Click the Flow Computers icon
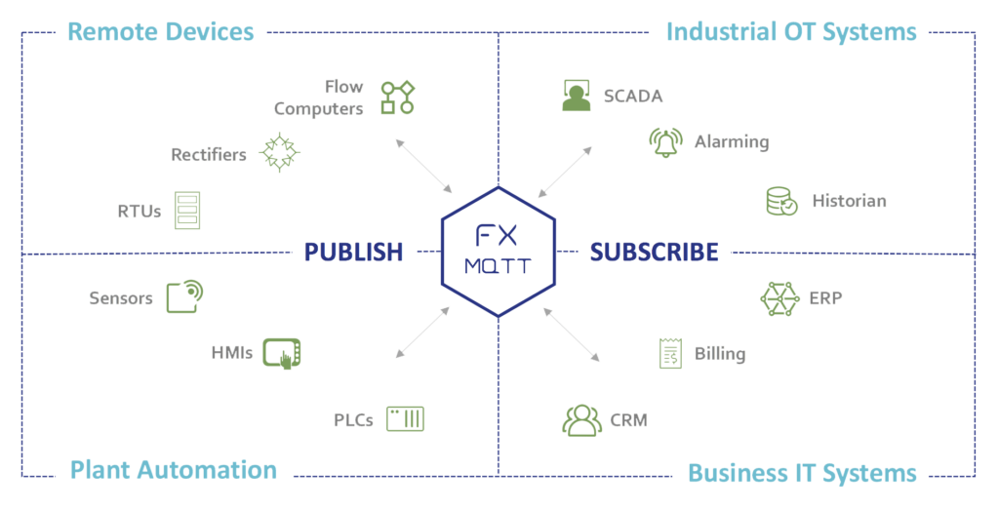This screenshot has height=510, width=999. pyautogui.click(x=398, y=98)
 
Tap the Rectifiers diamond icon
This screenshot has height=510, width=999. pyautogui.click(x=282, y=153)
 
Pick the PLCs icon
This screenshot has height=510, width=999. pyautogui.click(x=405, y=420)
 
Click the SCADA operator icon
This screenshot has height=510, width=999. pyautogui.click(x=577, y=101)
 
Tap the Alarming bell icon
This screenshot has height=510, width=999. pyautogui.click(x=665, y=143)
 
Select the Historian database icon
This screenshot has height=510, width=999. pyautogui.click(x=781, y=202)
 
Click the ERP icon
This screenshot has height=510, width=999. pyautogui.click(x=779, y=297)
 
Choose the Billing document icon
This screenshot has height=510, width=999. pyautogui.click(x=669, y=356)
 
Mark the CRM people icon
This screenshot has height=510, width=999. pyautogui.click(x=582, y=421)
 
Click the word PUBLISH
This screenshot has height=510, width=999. pyautogui.click(x=353, y=253)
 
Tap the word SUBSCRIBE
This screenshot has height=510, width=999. pyautogui.click(x=654, y=253)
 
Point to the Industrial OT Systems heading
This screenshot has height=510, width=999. pyautogui.click(x=791, y=33)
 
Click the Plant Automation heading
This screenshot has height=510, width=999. pyautogui.click(x=173, y=472)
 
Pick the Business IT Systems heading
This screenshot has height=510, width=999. pyautogui.click(x=802, y=474)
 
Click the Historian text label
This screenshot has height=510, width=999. pyautogui.click(x=849, y=203)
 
